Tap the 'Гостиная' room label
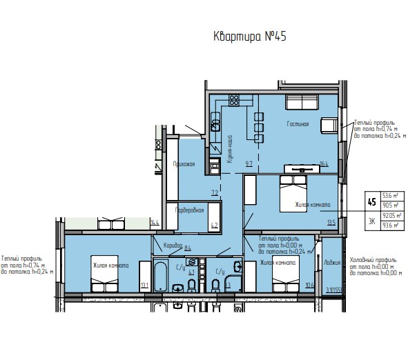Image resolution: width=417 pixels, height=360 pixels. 298,125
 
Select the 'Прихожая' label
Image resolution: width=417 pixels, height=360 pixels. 184,164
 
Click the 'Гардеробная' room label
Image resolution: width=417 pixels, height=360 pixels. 188,210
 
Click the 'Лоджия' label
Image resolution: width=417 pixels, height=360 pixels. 332,263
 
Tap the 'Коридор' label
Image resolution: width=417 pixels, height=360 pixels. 172,246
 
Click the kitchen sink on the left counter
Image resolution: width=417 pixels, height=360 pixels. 215,125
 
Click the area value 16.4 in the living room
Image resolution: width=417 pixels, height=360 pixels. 323,164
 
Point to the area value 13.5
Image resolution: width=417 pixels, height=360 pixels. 331,222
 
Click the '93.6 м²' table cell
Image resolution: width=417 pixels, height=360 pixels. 395,225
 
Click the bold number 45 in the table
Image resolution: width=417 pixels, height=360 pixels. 372,202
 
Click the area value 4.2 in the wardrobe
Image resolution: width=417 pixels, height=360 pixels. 214,225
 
